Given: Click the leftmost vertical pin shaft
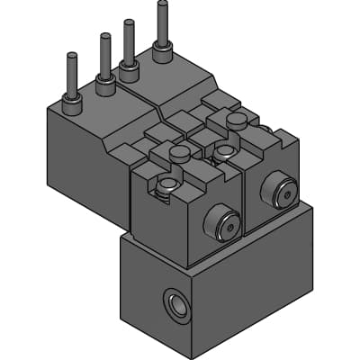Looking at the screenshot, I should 70,74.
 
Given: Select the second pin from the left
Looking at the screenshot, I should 105,56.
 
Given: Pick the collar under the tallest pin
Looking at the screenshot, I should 163,53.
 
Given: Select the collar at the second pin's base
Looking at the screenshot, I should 106,85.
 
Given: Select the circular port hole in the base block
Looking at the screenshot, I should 177,305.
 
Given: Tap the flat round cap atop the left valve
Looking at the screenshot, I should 180,154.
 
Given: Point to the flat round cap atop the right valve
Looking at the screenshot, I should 236,120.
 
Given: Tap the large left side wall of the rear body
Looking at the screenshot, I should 85,166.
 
